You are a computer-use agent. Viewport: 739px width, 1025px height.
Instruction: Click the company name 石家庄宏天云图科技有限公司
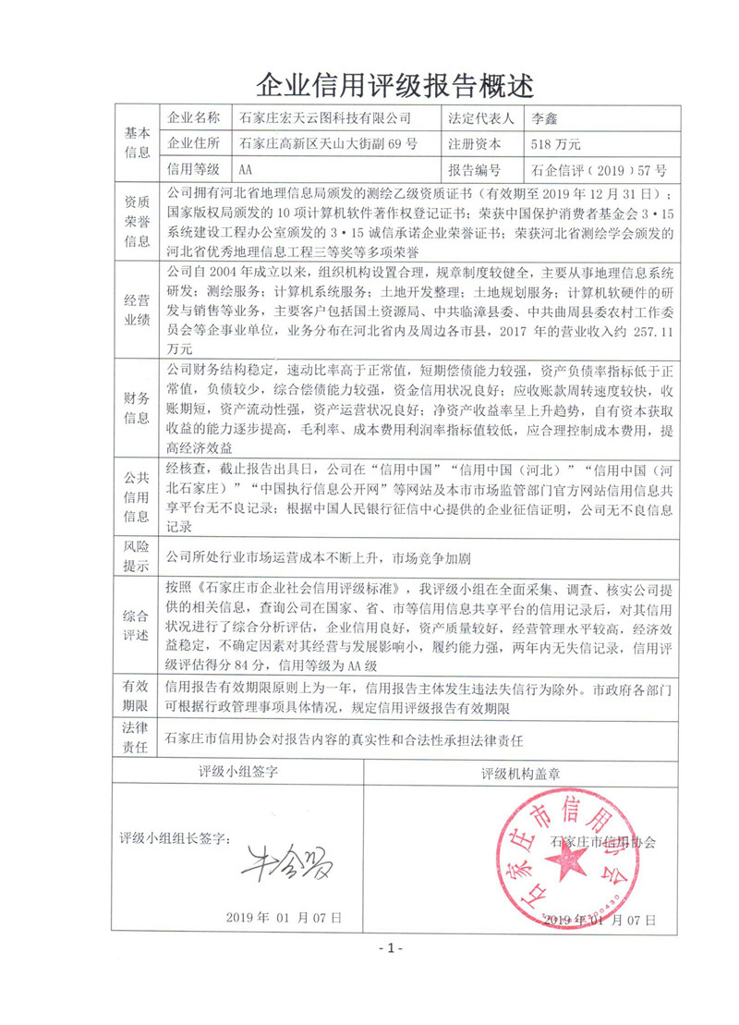click(324, 118)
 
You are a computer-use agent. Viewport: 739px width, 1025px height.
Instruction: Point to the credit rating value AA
click(246, 170)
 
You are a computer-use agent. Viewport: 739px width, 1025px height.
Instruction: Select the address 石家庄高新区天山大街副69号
click(328, 144)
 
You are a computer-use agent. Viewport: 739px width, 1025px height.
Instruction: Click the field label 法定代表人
click(482, 118)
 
